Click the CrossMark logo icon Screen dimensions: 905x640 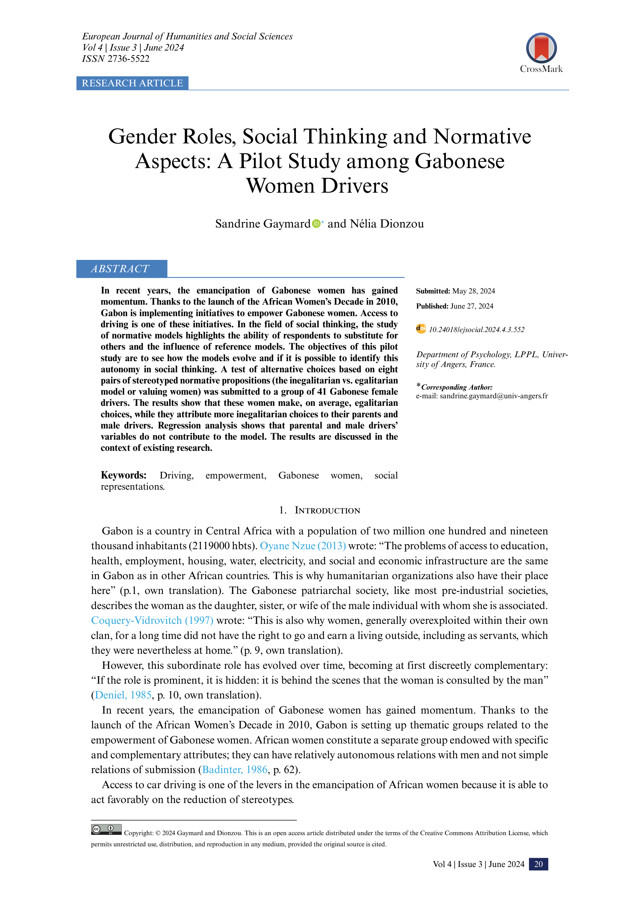click(x=541, y=48)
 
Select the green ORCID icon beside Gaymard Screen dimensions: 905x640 click(x=316, y=224)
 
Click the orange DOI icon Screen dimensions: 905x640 click(x=421, y=329)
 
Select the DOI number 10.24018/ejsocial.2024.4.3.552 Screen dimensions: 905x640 click(x=477, y=330)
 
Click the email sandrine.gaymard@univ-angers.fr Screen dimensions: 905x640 click(x=494, y=396)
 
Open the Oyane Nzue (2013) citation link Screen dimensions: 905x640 click(x=303, y=546)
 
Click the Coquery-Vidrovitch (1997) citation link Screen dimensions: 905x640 click(x=152, y=620)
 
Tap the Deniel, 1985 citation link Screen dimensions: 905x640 click(x=123, y=695)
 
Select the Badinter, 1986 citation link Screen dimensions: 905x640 click(x=235, y=769)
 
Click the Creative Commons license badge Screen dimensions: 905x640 click(x=106, y=829)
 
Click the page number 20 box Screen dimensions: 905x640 click(x=538, y=864)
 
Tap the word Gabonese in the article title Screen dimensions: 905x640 click(x=459, y=161)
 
